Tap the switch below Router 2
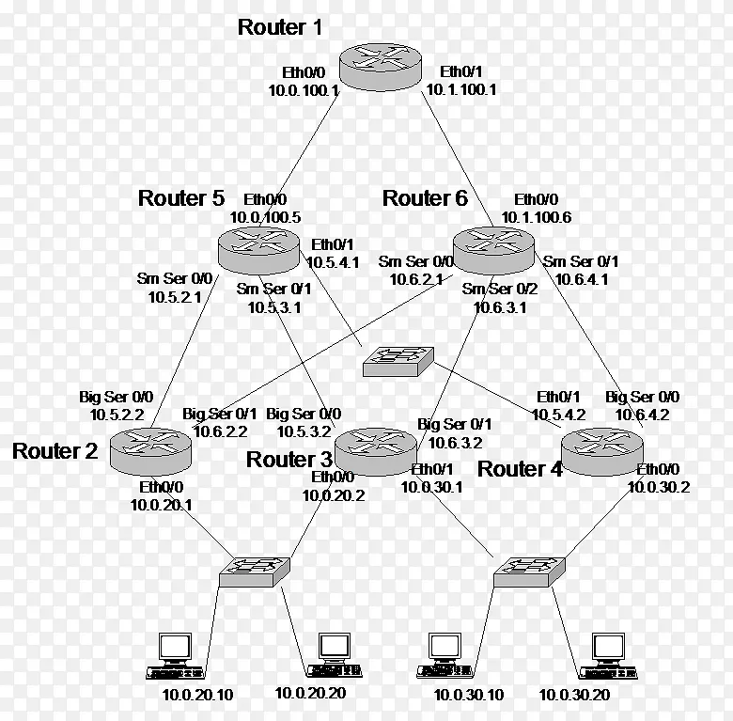tap(255, 570)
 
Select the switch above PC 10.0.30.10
tap(528, 570)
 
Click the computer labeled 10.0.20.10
tap(174, 655)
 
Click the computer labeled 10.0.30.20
tap(606, 655)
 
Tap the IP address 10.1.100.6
tap(536, 217)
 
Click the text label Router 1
tap(280, 27)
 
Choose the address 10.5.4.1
tap(335, 262)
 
